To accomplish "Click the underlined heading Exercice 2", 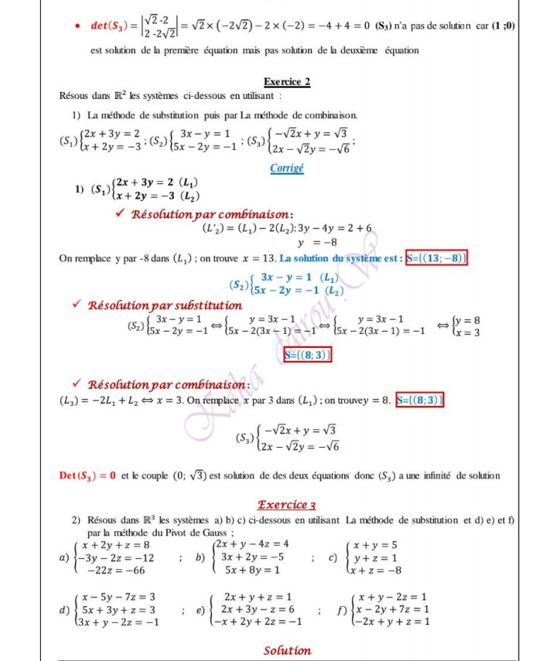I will (286, 81).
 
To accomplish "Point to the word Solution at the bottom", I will (286, 651).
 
